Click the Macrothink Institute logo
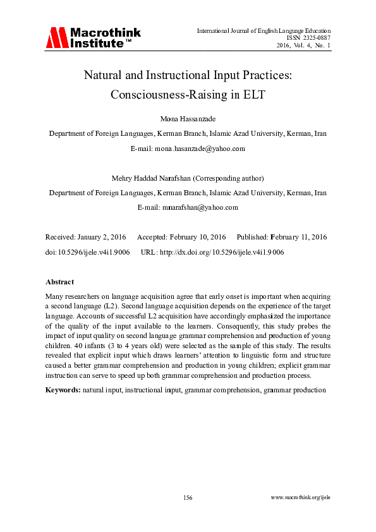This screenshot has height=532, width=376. point(92,37)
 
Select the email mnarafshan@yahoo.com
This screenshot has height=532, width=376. point(200,207)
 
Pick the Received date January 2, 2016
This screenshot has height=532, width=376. point(99,237)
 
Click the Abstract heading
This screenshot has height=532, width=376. point(60,282)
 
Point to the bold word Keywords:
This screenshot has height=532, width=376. point(63,390)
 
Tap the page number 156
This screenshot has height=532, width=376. point(188,498)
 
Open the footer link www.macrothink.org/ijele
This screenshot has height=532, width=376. point(300,498)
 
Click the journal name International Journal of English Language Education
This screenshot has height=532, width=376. point(264,30)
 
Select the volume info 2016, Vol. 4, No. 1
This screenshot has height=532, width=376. point(303,45)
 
